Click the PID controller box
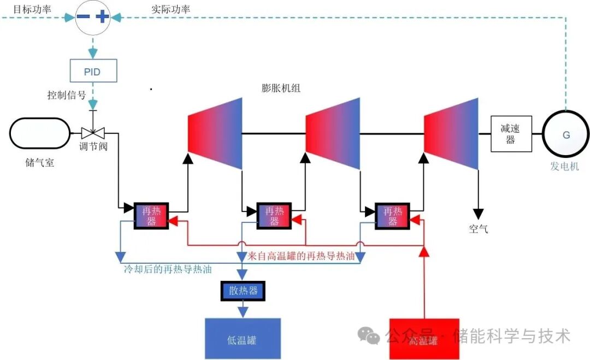pyautogui.click(x=92, y=72)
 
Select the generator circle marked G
pyautogui.click(x=566, y=134)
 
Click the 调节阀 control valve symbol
pyautogui.click(x=93, y=133)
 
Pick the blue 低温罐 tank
pyautogui.click(x=242, y=339)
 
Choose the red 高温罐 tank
pyautogui.click(x=424, y=339)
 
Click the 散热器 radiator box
pyautogui.click(x=243, y=291)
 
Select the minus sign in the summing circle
pyautogui.click(x=82, y=16)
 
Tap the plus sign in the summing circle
pyautogui.click(x=102, y=16)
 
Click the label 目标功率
pyautogui.click(x=32, y=9)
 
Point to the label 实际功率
pyautogui.click(x=171, y=9)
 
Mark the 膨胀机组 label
pyautogui.click(x=281, y=88)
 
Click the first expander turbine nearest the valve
pyautogui.click(x=215, y=134)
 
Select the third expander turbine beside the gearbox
pyautogui.click(x=451, y=134)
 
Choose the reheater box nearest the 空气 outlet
pyautogui.click(x=392, y=216)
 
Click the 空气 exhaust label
pyautogui.click(x=479, y=229)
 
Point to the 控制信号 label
pyautogui.click(x=66, y=95)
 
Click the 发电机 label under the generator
pyautogui.click(x=565, y=167)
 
